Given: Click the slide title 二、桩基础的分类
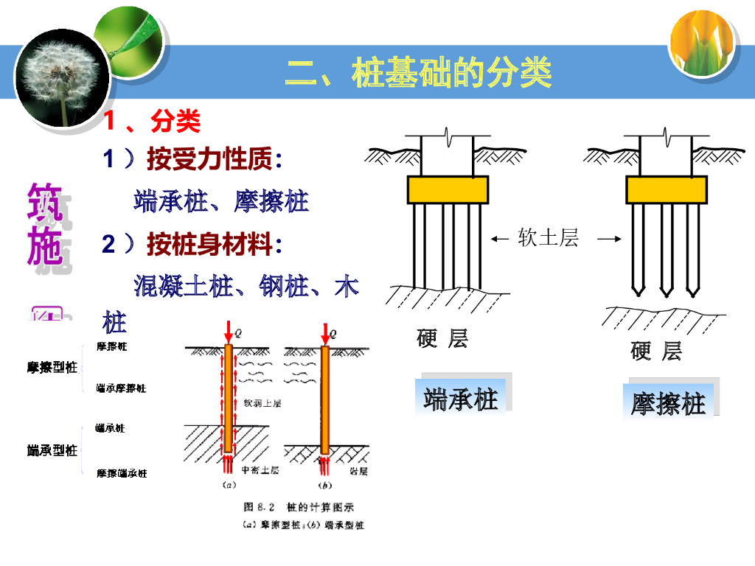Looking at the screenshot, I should (419, 73).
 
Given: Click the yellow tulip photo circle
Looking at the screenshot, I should (703, 43).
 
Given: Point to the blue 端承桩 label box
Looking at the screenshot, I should (462, 399).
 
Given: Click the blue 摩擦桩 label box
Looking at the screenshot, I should (669, 403).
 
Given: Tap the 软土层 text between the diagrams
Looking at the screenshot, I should (548, 237).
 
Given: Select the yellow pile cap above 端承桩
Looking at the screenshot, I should (448, 189).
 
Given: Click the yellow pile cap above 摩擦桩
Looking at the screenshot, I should (666, 189).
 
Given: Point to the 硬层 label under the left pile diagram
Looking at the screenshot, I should (442, 339).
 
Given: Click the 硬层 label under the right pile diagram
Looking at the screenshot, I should (656, 351).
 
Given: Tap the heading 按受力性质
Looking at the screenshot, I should (209, 158).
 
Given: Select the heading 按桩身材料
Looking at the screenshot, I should (209, 245).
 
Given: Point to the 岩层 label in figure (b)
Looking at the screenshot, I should (358, 469).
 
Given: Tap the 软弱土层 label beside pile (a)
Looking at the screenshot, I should (262, 403).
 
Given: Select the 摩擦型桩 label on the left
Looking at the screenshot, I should (52, 367).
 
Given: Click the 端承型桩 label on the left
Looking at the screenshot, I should (52, 450).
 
